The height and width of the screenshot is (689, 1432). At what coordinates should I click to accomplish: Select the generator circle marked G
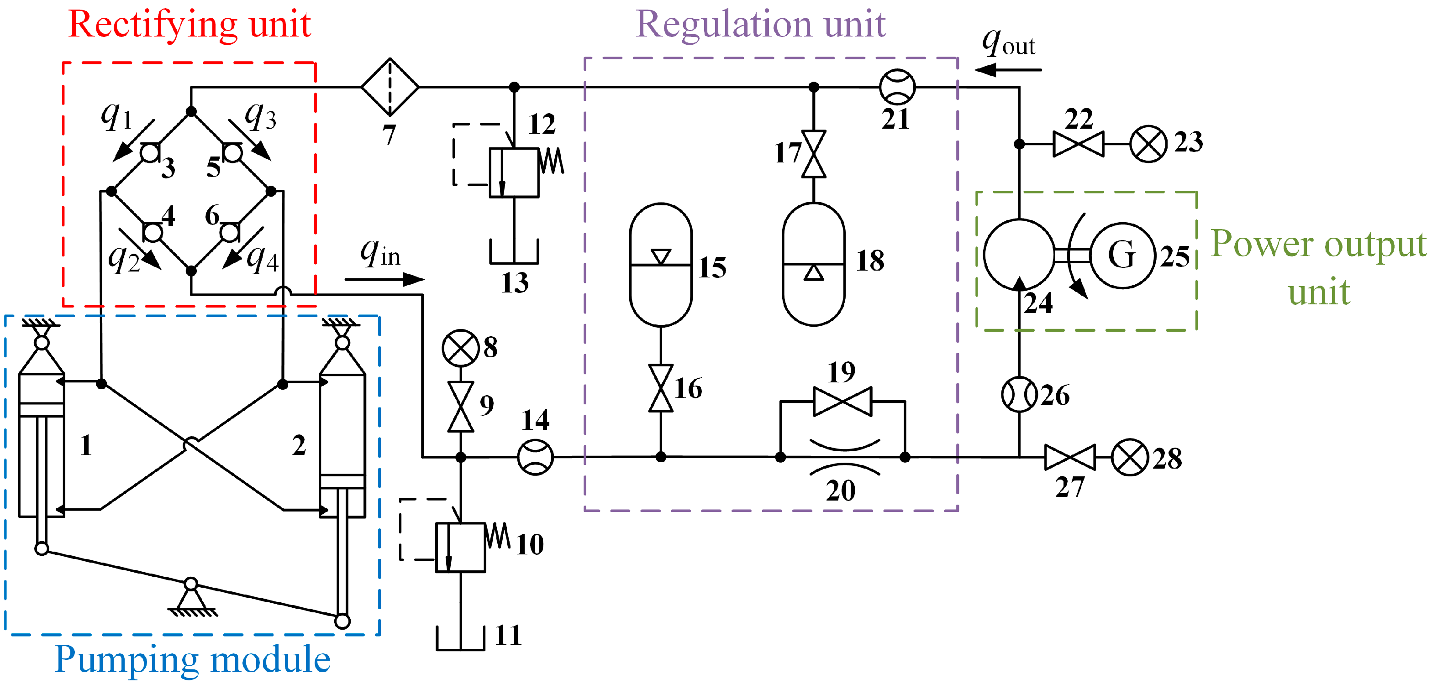[x=1122, y=255]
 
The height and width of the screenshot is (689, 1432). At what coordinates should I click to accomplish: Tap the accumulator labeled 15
[x=660, y=265]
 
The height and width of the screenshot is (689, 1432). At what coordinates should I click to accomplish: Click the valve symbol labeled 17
[x=813, y=154]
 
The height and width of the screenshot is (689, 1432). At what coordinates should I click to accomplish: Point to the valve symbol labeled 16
[x=660, y=388]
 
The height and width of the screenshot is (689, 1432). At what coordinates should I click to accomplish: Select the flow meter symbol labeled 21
[x=897, y=87]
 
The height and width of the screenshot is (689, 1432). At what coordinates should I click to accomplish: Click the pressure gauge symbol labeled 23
[x=1148, y=144]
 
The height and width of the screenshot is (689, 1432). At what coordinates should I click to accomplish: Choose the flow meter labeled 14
[x=535, y=457]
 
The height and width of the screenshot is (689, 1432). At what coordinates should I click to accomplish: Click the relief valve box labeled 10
[x=460, y=547]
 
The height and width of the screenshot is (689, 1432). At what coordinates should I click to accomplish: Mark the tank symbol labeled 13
[x=514, y=252]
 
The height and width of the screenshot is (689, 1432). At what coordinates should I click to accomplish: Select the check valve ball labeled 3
[x=150, y=153]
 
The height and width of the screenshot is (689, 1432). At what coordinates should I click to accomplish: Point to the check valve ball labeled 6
[x=230, y=232]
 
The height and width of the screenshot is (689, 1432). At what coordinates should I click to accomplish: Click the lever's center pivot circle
[x=191, y=584]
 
